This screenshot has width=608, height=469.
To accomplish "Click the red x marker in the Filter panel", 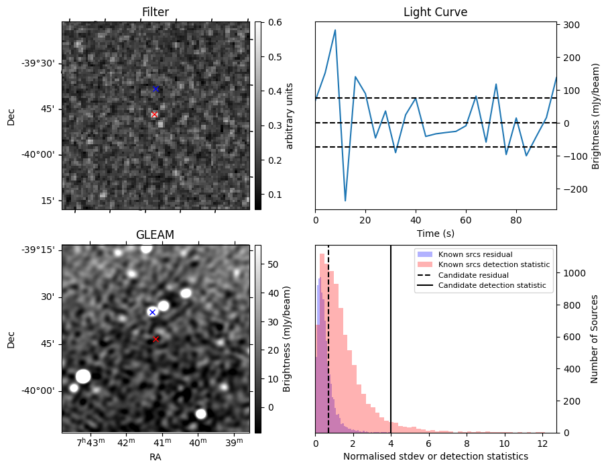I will (154, 115).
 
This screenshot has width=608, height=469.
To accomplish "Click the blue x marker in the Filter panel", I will (156, 89).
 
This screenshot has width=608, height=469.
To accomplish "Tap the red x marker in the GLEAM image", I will (156, 339).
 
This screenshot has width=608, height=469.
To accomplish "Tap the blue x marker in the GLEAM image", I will (152, 312).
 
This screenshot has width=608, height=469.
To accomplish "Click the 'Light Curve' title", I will (435, 12).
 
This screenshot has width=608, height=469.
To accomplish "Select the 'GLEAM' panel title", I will (156, 235).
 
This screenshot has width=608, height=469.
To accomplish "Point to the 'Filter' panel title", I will (156, 12).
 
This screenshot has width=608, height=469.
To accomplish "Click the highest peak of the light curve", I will (335, 30).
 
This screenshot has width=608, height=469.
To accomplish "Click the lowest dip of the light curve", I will (345, 201).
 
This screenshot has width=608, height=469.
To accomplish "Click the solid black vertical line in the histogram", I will (391, 335).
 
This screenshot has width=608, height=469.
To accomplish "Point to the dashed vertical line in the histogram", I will (328, 335).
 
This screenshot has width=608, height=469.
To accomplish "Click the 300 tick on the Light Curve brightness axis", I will (570, 25).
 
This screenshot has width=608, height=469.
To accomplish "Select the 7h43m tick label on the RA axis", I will (90, 443).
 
